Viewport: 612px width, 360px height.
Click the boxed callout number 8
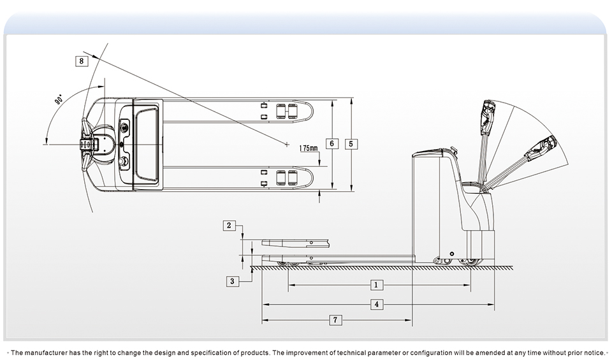click(x=81, y=61)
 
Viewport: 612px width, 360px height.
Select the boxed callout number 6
click(x=331, y=143)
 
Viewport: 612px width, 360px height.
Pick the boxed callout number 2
click(x=230, y=225)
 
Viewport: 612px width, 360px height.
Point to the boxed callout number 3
click(x=233, y=280)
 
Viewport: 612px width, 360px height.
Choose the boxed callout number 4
click(x=377, y=305)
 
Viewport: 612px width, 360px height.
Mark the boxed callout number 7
click(x=335, y=320)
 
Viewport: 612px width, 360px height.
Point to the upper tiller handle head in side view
click(x=488, y=115)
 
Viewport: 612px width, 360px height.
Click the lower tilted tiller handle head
click(x=541, y=148)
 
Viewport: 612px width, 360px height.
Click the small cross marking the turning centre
click(x=288, y=143)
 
